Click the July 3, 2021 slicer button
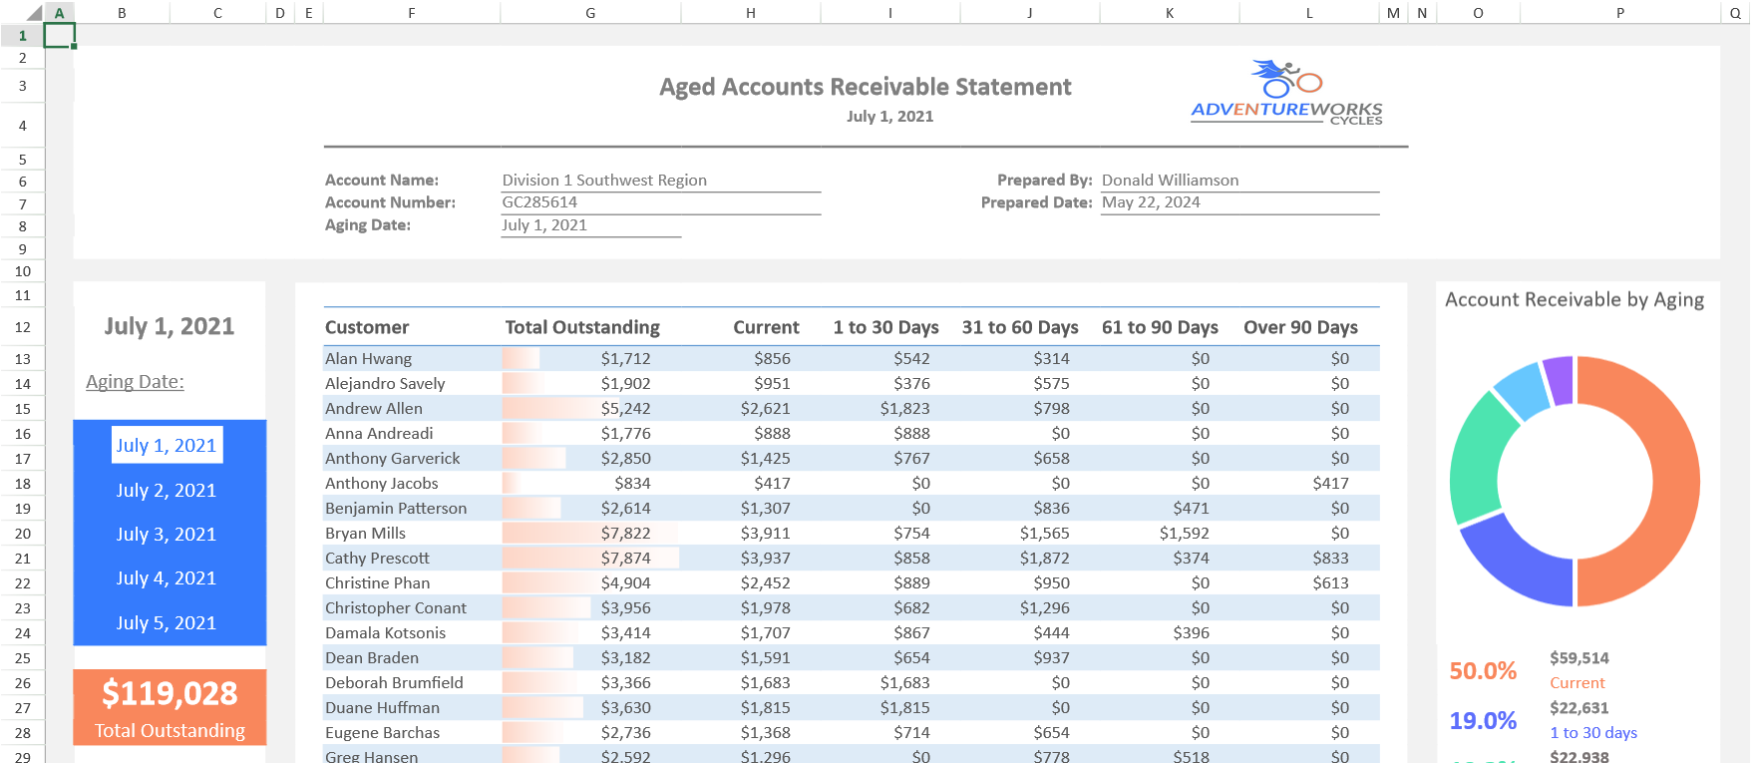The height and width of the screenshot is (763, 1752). (x=166, y=535)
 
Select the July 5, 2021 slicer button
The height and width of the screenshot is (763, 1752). (x=166, y=623)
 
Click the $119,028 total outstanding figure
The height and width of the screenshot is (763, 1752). (x=170, y=694)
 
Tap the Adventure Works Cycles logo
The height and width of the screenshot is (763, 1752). (x=1286, y=93)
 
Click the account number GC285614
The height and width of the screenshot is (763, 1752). (x=539, y=202)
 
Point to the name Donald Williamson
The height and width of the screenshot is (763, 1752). (x=1170, y=181)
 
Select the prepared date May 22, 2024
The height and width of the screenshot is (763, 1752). (x=1151, y=202)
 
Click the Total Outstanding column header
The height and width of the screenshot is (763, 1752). (x=582, y=327)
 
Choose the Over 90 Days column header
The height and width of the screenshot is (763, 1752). (x=1300, y=327)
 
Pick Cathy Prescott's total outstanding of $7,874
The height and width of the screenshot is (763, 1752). (x=625, y=559)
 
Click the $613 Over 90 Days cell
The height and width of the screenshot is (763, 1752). (x=1330, y=583)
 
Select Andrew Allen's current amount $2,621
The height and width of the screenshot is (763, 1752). (x=765, y=409)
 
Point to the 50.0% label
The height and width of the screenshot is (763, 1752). (x=1483, y=671)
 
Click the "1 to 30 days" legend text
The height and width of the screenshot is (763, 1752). (x=1592, y=733)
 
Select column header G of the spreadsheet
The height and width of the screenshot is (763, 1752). (x=590, y=13)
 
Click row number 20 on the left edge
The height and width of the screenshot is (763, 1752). (x=23, y=534)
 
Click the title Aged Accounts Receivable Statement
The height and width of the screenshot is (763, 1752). (x=865, y=88)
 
